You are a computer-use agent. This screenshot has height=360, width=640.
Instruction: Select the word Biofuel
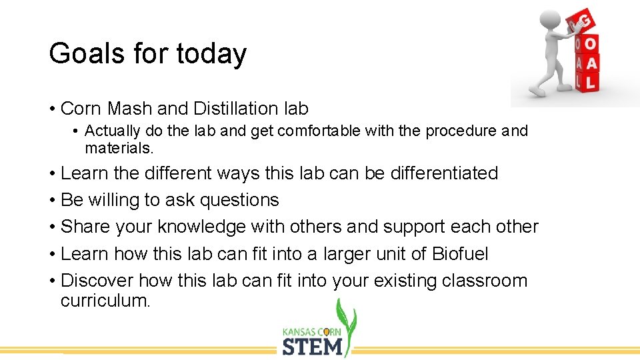[460, 253]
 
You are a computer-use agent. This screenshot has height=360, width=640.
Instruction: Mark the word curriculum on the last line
[105, 301]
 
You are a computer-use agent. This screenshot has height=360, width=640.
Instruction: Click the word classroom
[485, 281]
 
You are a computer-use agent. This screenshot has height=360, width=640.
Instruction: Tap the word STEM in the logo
[313, 346]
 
